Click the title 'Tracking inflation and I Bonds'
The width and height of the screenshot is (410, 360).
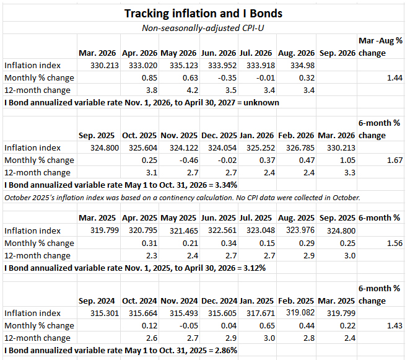(203, 14)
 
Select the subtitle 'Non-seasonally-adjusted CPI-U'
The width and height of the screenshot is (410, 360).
(203, 28)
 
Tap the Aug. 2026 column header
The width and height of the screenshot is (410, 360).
(296, 53)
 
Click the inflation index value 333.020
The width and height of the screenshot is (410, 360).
(143, 66)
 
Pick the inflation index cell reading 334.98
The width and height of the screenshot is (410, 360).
(302, 66)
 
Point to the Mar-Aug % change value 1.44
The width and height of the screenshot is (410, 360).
(395, 77)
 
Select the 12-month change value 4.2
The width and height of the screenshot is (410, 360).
(193, 90)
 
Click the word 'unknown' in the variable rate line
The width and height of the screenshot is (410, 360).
(261, 103)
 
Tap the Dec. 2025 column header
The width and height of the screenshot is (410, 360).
(219, 136)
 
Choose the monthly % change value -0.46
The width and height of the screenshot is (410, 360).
(189, 160)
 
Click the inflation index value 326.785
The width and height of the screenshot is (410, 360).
(300, 148)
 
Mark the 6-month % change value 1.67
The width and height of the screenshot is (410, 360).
(395, 160)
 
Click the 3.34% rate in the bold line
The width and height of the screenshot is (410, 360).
(226, 185)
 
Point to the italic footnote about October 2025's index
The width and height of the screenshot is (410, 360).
(182, 198)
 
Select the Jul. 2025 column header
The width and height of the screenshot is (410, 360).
(256, 218)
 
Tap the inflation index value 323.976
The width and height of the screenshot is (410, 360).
(300, 230)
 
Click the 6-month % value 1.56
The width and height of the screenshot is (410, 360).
(395, 244)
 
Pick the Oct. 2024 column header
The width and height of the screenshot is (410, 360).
(139, 301)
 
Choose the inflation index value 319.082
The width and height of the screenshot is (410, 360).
(300, 312)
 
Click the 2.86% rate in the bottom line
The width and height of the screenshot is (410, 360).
(226, 350)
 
